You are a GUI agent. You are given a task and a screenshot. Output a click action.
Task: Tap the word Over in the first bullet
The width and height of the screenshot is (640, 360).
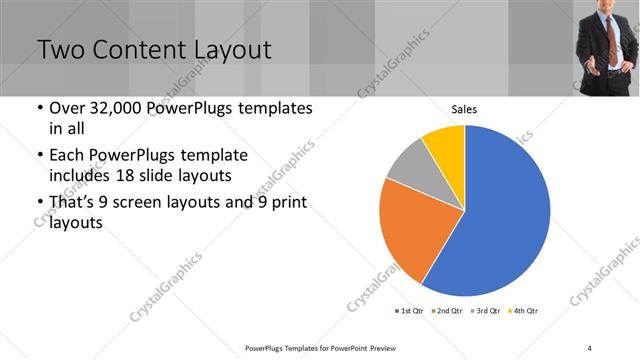[x=66, y=108]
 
